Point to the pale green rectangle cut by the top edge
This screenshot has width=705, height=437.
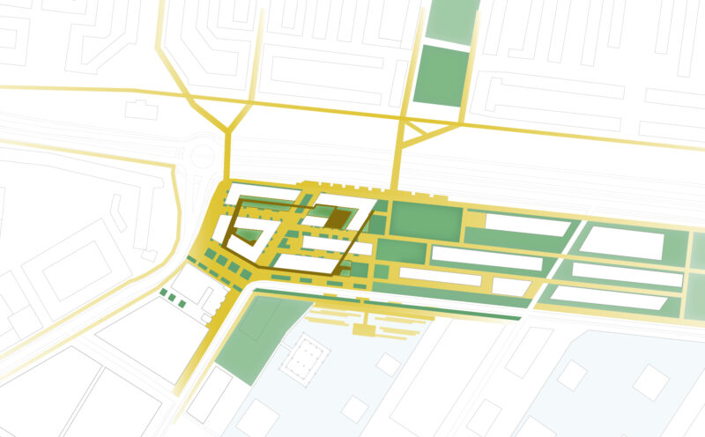coord(450,18)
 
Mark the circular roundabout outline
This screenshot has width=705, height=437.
coord(203,158)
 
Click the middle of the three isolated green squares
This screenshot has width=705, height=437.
coord(173,298)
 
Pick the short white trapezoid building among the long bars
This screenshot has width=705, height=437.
coord(510,286)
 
